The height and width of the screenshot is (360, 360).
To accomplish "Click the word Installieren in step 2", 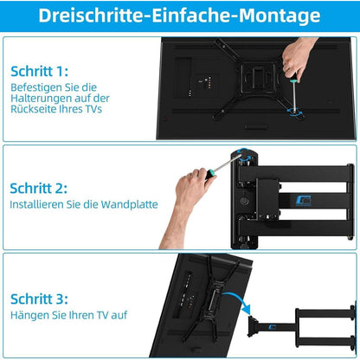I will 39,205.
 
